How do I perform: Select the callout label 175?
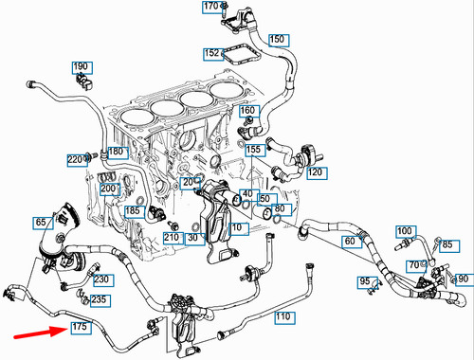pos(79,328)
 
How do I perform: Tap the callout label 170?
pos(210,9)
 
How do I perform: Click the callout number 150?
pos(277,40)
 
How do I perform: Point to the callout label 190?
pos(82,67)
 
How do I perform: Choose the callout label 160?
pos(247,111)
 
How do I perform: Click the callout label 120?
pos(315,173)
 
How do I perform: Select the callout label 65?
pos(42,222)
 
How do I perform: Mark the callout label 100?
pos(405,231)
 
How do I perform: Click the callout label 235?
pos(99,299)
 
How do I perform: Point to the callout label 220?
pos(75,159)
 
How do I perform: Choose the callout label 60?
pos(349,242)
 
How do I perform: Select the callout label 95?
pos(364,282)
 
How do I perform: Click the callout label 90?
pos(463,279)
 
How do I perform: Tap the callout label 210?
pos(172,236)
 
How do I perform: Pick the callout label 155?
pos(254,150)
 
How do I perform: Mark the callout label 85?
pos(447,245)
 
